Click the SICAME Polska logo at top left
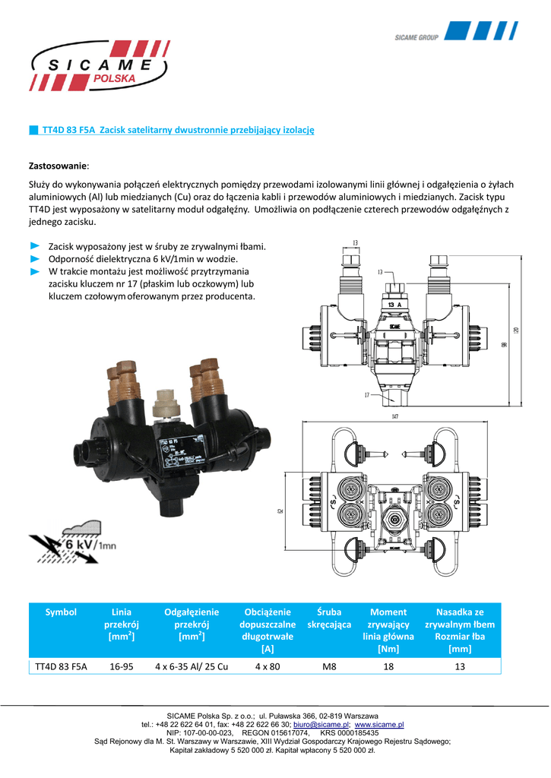99,66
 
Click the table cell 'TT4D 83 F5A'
62,666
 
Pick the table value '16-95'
122,666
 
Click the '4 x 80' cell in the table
268,666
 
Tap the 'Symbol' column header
62,612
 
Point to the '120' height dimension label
516,329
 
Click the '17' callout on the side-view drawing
366,395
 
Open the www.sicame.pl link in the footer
379,726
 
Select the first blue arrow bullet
34,247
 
